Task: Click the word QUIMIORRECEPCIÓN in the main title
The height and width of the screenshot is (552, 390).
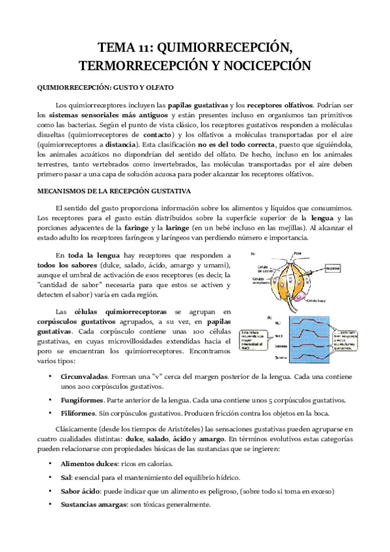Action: pyautogui.click(x=221, y=47)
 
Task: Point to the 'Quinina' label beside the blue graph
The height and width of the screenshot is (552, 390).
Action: pyautogui.click(x=262, y=357)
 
